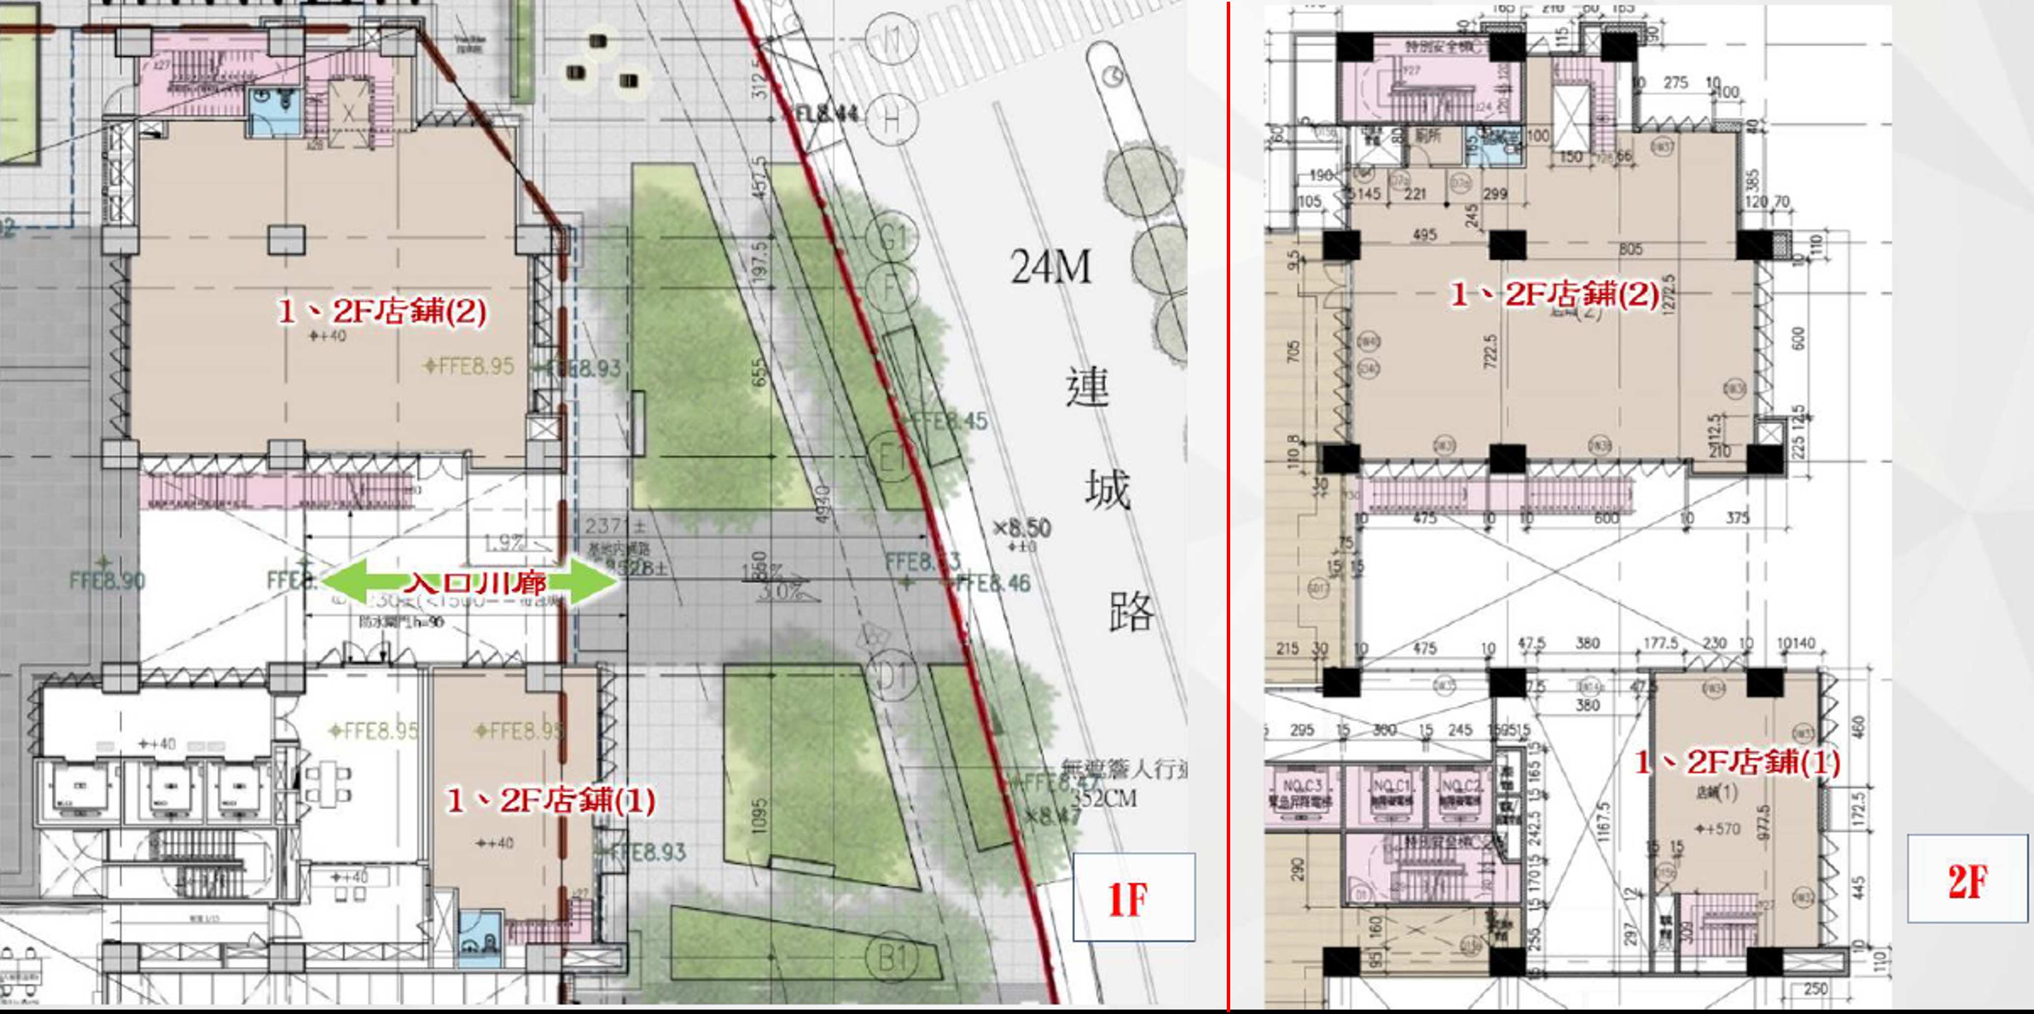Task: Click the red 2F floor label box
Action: click(1966, 879)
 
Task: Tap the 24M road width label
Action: click(1051, 267)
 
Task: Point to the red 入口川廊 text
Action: click(476, 583)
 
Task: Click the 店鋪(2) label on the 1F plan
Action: click(382, 310)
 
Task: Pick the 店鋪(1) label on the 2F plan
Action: click(1737, 762)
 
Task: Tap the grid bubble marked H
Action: click(891, 120)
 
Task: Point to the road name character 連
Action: click(1087, 387)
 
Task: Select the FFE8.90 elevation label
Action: click(108, 580)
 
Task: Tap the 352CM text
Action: click(1104, 798)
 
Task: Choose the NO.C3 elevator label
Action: click(1302, 786)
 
